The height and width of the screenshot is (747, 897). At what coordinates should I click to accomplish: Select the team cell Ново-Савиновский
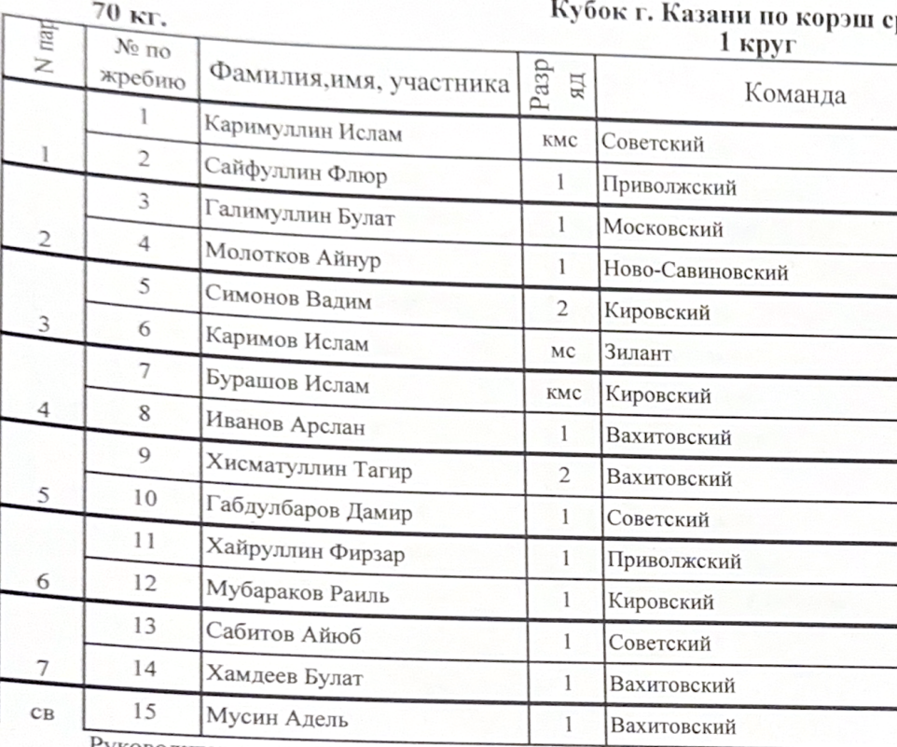tap(696, 271)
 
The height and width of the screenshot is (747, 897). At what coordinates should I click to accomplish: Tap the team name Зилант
tap(638, 353)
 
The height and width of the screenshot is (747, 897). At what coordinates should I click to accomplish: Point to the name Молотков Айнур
tap(293, 257)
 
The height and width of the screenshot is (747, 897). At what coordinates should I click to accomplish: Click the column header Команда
tap(794, 94)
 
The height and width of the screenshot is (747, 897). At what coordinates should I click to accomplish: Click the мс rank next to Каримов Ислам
tap(562, 353)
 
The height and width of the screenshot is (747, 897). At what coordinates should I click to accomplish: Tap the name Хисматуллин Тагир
tap(308, 469)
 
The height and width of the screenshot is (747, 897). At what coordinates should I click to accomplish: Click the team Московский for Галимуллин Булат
tap(663, 228)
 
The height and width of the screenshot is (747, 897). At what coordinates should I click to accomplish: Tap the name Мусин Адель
tap(277, 718)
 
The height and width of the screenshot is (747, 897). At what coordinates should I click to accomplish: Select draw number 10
tap(144, 497)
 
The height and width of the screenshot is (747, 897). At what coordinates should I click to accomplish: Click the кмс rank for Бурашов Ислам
tap(562, 394)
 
